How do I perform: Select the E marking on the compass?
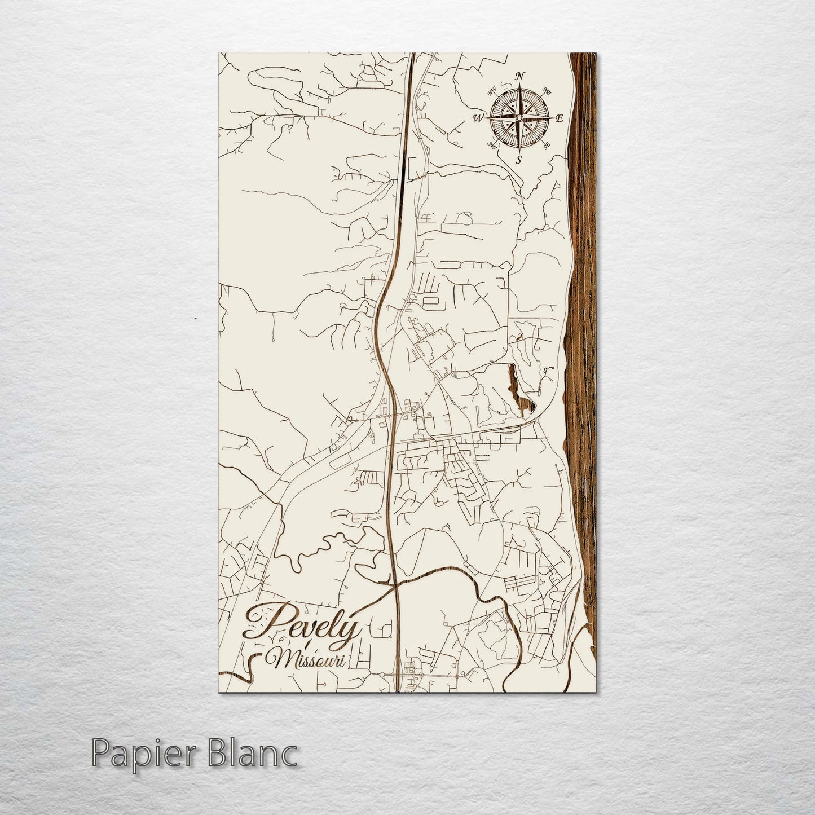point(560,118)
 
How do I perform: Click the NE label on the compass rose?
point(547,91)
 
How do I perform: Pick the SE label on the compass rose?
point(547,146)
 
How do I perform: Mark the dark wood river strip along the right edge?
point(582,338)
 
